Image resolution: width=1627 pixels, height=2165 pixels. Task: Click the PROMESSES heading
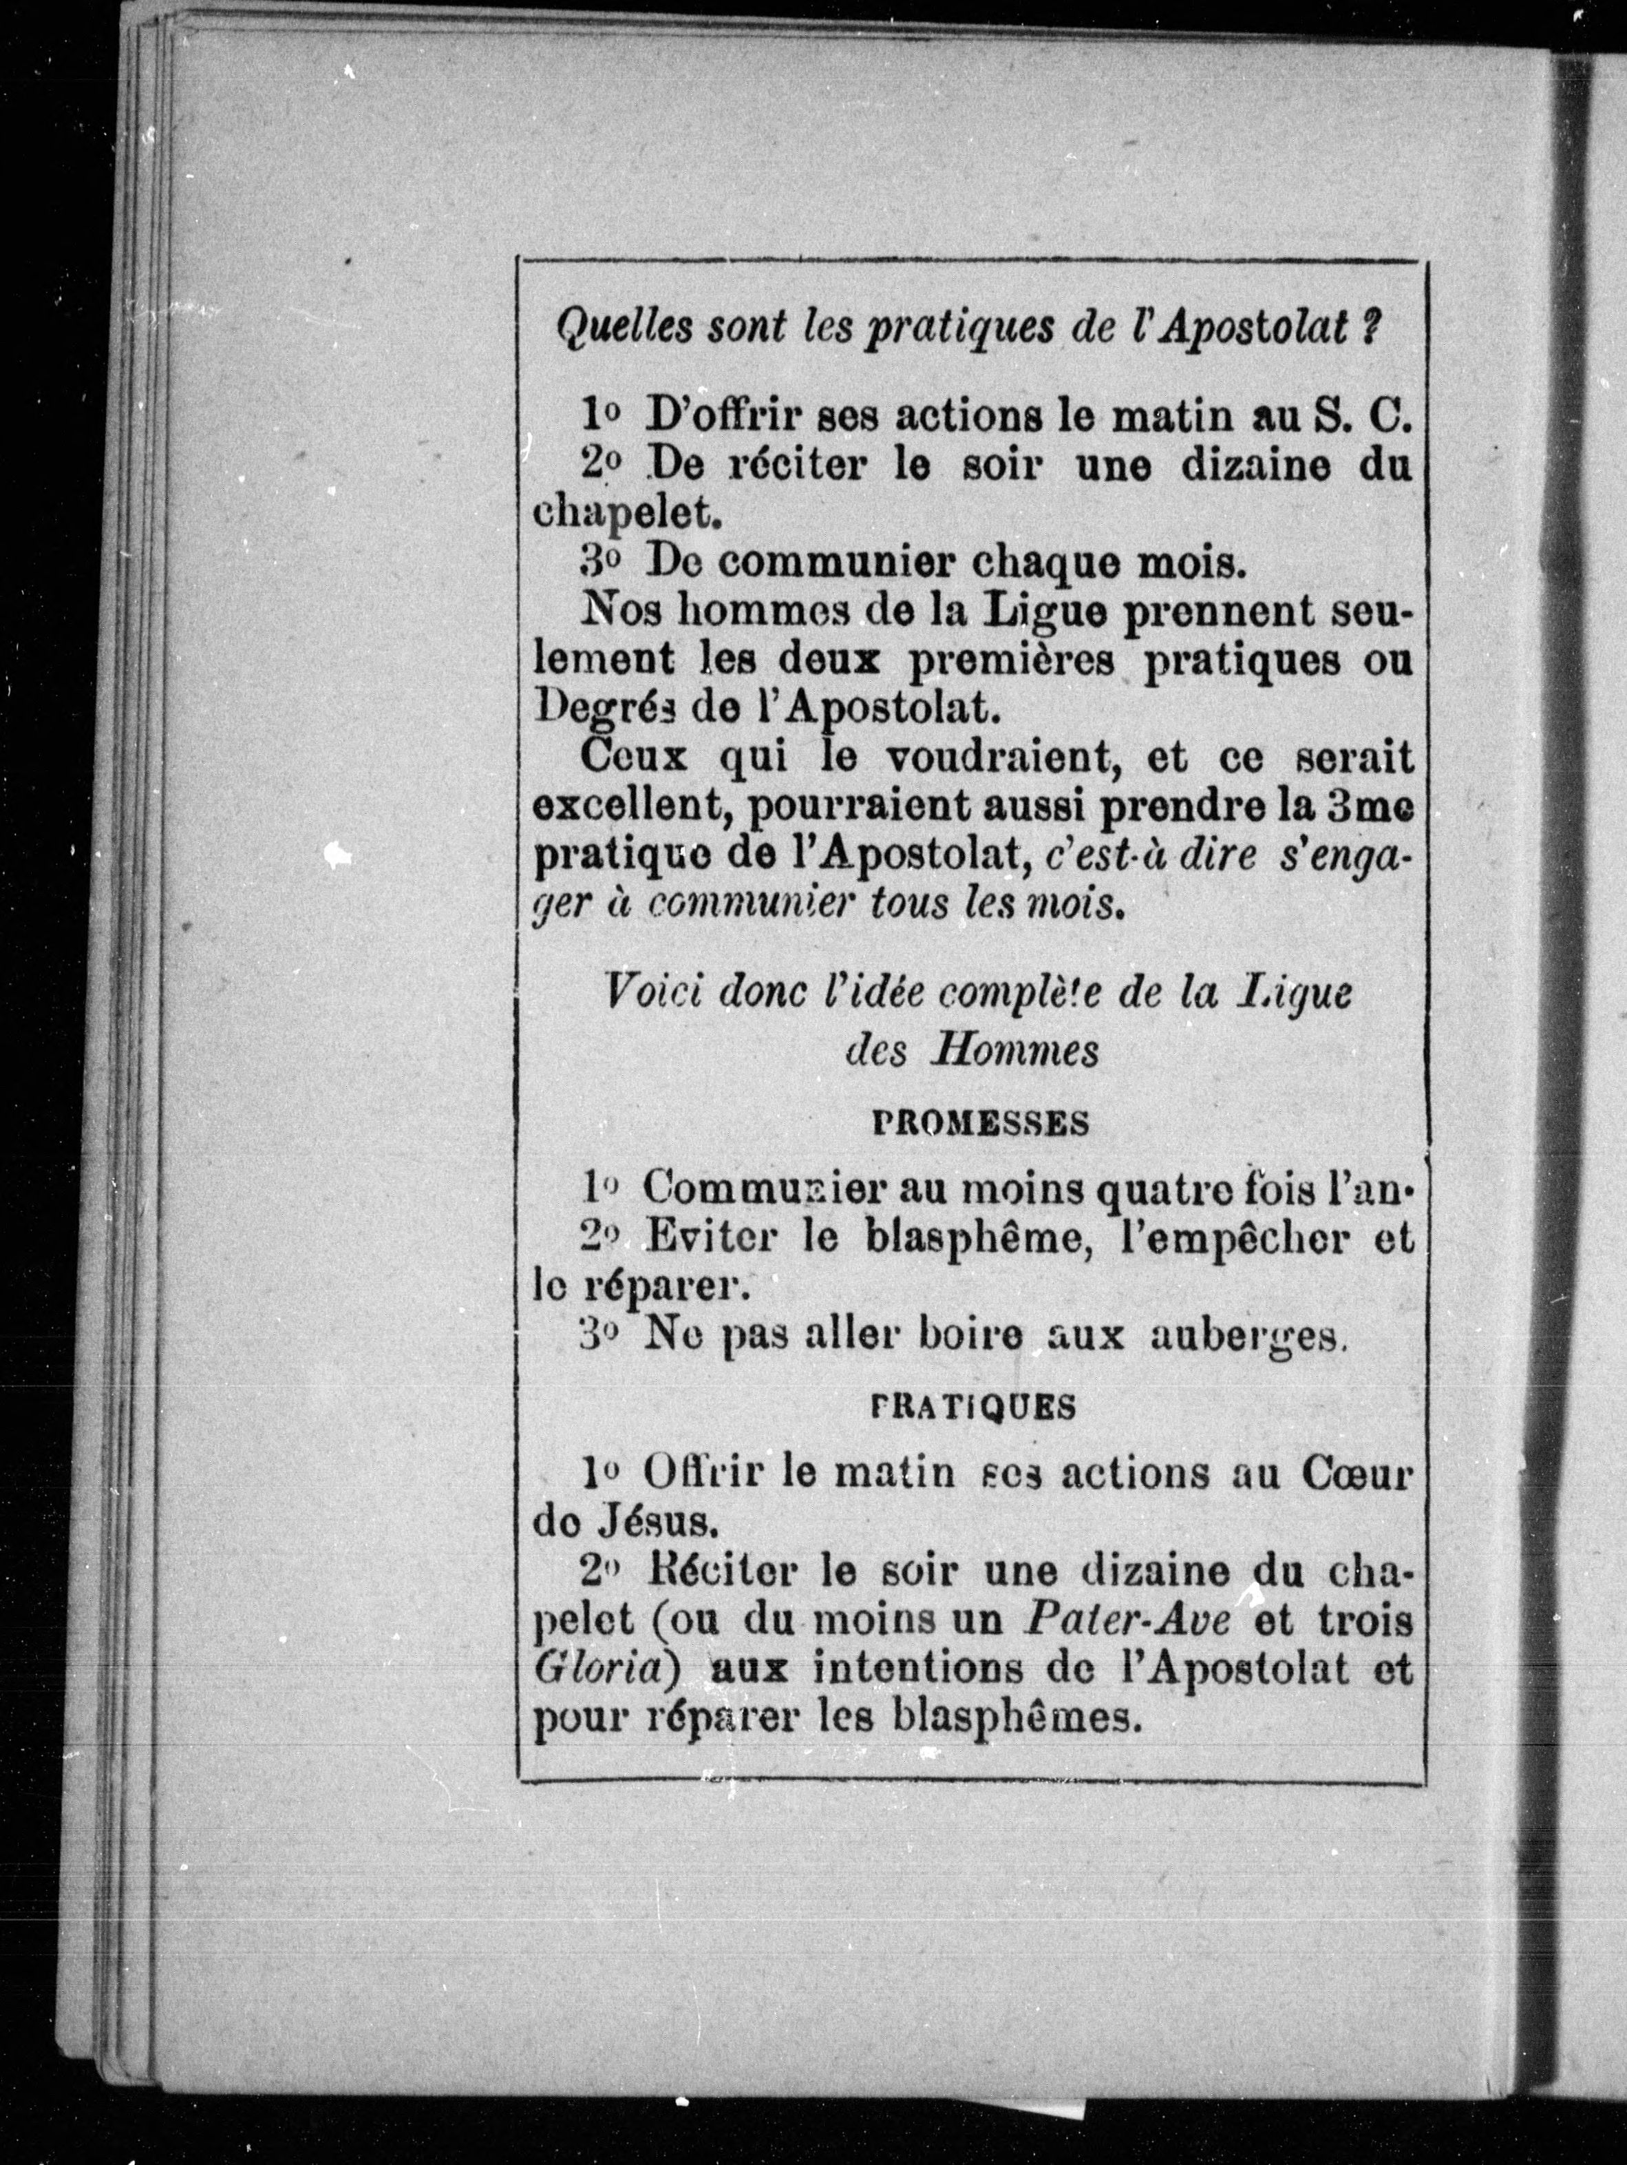pyautogui.click(x=980, y=1124)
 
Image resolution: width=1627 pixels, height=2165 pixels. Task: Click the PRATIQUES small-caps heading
pyautogui.click(x=973, y=1406)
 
